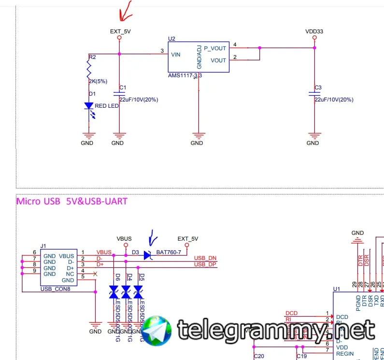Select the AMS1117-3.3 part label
(x=185, y=76)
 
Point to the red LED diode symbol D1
(x=89, y=106)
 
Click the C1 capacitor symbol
(x=119, y=94)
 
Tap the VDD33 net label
(x=314, y=31)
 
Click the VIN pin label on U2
(x=175, y=55)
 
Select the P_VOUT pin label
(x=215, y=48)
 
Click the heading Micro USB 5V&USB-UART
(x=72, y=201)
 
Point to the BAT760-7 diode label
(x=168, y=252)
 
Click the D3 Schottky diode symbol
(x=148, y=255)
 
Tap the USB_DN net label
(x=205, y=258)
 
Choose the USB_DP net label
(x=205, y=264)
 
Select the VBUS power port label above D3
(x=124, y=239)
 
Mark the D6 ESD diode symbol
(x=114, y=291)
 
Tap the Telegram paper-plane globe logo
(x=157, y=330)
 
